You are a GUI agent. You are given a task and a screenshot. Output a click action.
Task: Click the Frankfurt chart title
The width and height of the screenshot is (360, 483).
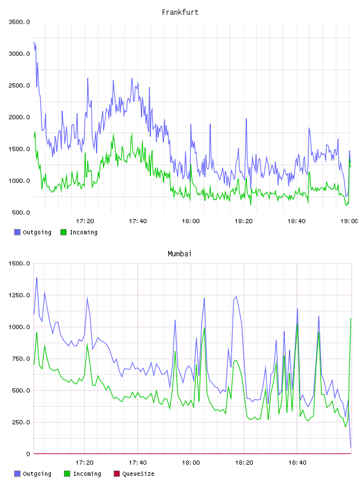(180, 12)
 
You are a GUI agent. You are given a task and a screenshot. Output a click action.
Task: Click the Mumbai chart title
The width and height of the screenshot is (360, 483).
(179, 254)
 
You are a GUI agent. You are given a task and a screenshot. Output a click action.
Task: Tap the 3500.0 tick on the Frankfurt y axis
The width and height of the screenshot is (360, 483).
(19, 22)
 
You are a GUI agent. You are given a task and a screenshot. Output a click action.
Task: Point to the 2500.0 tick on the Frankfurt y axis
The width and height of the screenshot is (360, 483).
(19, 85)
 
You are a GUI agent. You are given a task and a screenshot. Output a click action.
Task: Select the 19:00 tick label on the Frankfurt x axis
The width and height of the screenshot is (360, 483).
(349, 221)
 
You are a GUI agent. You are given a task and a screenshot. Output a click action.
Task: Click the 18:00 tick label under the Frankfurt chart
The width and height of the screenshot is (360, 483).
(191, 221)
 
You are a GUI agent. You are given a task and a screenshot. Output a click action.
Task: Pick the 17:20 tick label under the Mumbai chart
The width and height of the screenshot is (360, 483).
(85, 462)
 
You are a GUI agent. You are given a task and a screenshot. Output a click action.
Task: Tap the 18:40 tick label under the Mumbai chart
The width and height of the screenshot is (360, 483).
(297, 462)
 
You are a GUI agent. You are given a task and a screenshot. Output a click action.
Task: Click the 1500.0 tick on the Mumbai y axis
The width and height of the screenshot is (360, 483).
(19, 263)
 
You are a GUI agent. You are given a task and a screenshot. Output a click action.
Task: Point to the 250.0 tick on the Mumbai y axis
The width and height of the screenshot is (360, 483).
(21, 422)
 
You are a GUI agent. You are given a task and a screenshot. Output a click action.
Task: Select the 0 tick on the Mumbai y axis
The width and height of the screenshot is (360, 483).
(28, 454)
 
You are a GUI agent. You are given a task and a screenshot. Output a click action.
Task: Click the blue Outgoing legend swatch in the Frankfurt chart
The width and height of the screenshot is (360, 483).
(17, 232)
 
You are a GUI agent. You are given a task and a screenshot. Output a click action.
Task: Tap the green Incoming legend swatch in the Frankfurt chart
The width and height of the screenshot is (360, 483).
(63, 232)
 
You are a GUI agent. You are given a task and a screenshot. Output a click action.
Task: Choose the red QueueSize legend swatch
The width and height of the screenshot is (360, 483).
(117, 474)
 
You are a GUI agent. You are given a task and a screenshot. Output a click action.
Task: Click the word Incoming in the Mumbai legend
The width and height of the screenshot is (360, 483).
(87, 474)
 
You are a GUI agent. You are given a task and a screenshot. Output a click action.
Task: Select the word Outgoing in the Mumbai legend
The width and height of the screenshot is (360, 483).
(37, 474)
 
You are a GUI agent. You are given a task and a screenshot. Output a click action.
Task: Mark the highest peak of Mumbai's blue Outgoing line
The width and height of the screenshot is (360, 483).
(37, 278)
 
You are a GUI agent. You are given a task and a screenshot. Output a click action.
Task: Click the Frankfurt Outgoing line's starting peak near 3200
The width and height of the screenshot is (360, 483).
(34, 41)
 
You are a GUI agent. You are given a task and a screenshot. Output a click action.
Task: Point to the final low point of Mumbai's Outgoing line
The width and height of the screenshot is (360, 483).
(351, 447)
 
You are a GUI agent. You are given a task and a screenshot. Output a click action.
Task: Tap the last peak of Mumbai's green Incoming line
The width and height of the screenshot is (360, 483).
(351, 318)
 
